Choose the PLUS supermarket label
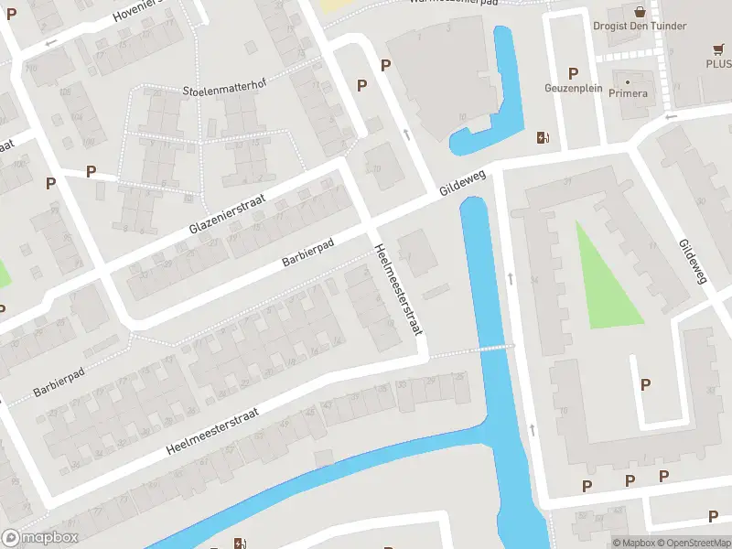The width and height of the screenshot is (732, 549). [717, 64]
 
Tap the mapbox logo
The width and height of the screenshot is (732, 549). [40, 538]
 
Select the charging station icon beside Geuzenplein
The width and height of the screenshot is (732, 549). [543, 137]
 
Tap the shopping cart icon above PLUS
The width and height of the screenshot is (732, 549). [718, 49]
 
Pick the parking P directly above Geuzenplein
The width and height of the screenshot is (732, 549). [574, 73]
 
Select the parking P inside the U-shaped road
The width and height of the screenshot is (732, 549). [646, 385]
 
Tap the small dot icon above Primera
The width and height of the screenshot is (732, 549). [628, 81]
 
